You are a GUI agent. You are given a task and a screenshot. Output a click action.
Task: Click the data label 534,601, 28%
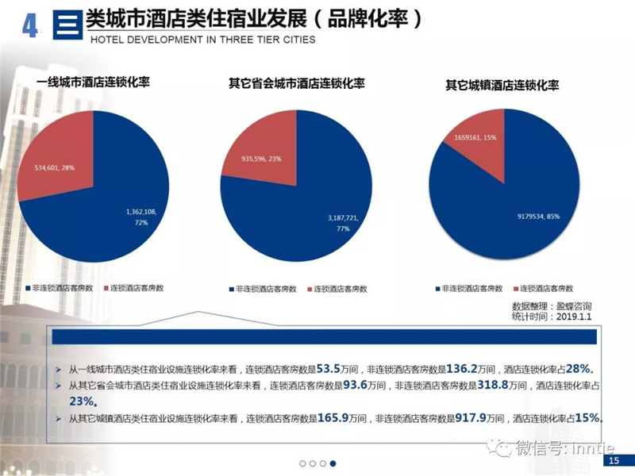pyautogui.click(x=55, y=167)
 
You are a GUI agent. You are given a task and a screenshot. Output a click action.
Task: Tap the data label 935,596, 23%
pyautogui.click(x=261, y=159)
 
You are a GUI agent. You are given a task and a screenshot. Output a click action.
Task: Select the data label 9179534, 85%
pyautogui.click(x=538, y=217)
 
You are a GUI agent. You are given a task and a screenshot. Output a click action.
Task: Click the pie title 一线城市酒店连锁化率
pyautogui.click(x=93, y=83)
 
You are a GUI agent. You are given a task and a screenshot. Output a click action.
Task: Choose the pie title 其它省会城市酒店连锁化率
pyautogui.click(x=296, y=83)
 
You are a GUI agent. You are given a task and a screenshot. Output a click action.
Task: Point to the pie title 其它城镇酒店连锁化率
pyautogui.click(x=502, y=85)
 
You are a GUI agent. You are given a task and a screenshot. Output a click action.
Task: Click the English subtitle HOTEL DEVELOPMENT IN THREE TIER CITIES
pyautogui.click(x=203, y=40)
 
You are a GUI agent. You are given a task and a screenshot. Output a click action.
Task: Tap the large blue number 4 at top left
pyautogui.click(x=29, y=27)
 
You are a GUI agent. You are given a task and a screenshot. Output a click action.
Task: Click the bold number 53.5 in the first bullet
pyautogui.click(x=328, y=369)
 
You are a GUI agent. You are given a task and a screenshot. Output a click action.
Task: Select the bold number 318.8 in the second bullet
pyautogui.click(x=493, y=385)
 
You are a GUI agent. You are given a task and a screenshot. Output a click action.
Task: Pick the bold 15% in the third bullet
pyautogui.click(x=587, y=417)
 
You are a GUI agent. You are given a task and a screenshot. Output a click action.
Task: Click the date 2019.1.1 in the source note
pyautogui.click(x=573, y=317)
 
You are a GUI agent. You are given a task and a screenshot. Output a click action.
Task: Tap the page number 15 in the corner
pyautogui.click(x=614, y=460)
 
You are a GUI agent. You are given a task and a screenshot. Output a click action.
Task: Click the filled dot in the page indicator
pyautogui.click(x=333, y=463)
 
